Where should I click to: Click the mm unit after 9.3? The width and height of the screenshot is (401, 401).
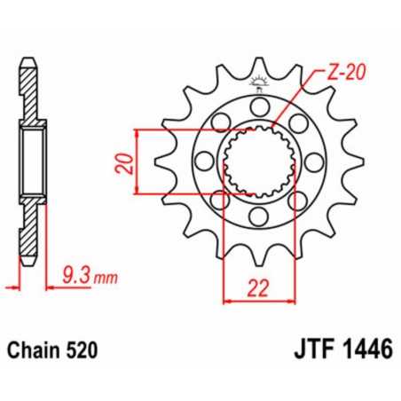106,279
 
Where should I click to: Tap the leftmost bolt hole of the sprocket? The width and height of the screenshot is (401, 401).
203,162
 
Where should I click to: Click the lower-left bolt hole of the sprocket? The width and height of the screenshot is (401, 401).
219,201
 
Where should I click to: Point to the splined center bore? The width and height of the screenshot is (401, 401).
258,162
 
